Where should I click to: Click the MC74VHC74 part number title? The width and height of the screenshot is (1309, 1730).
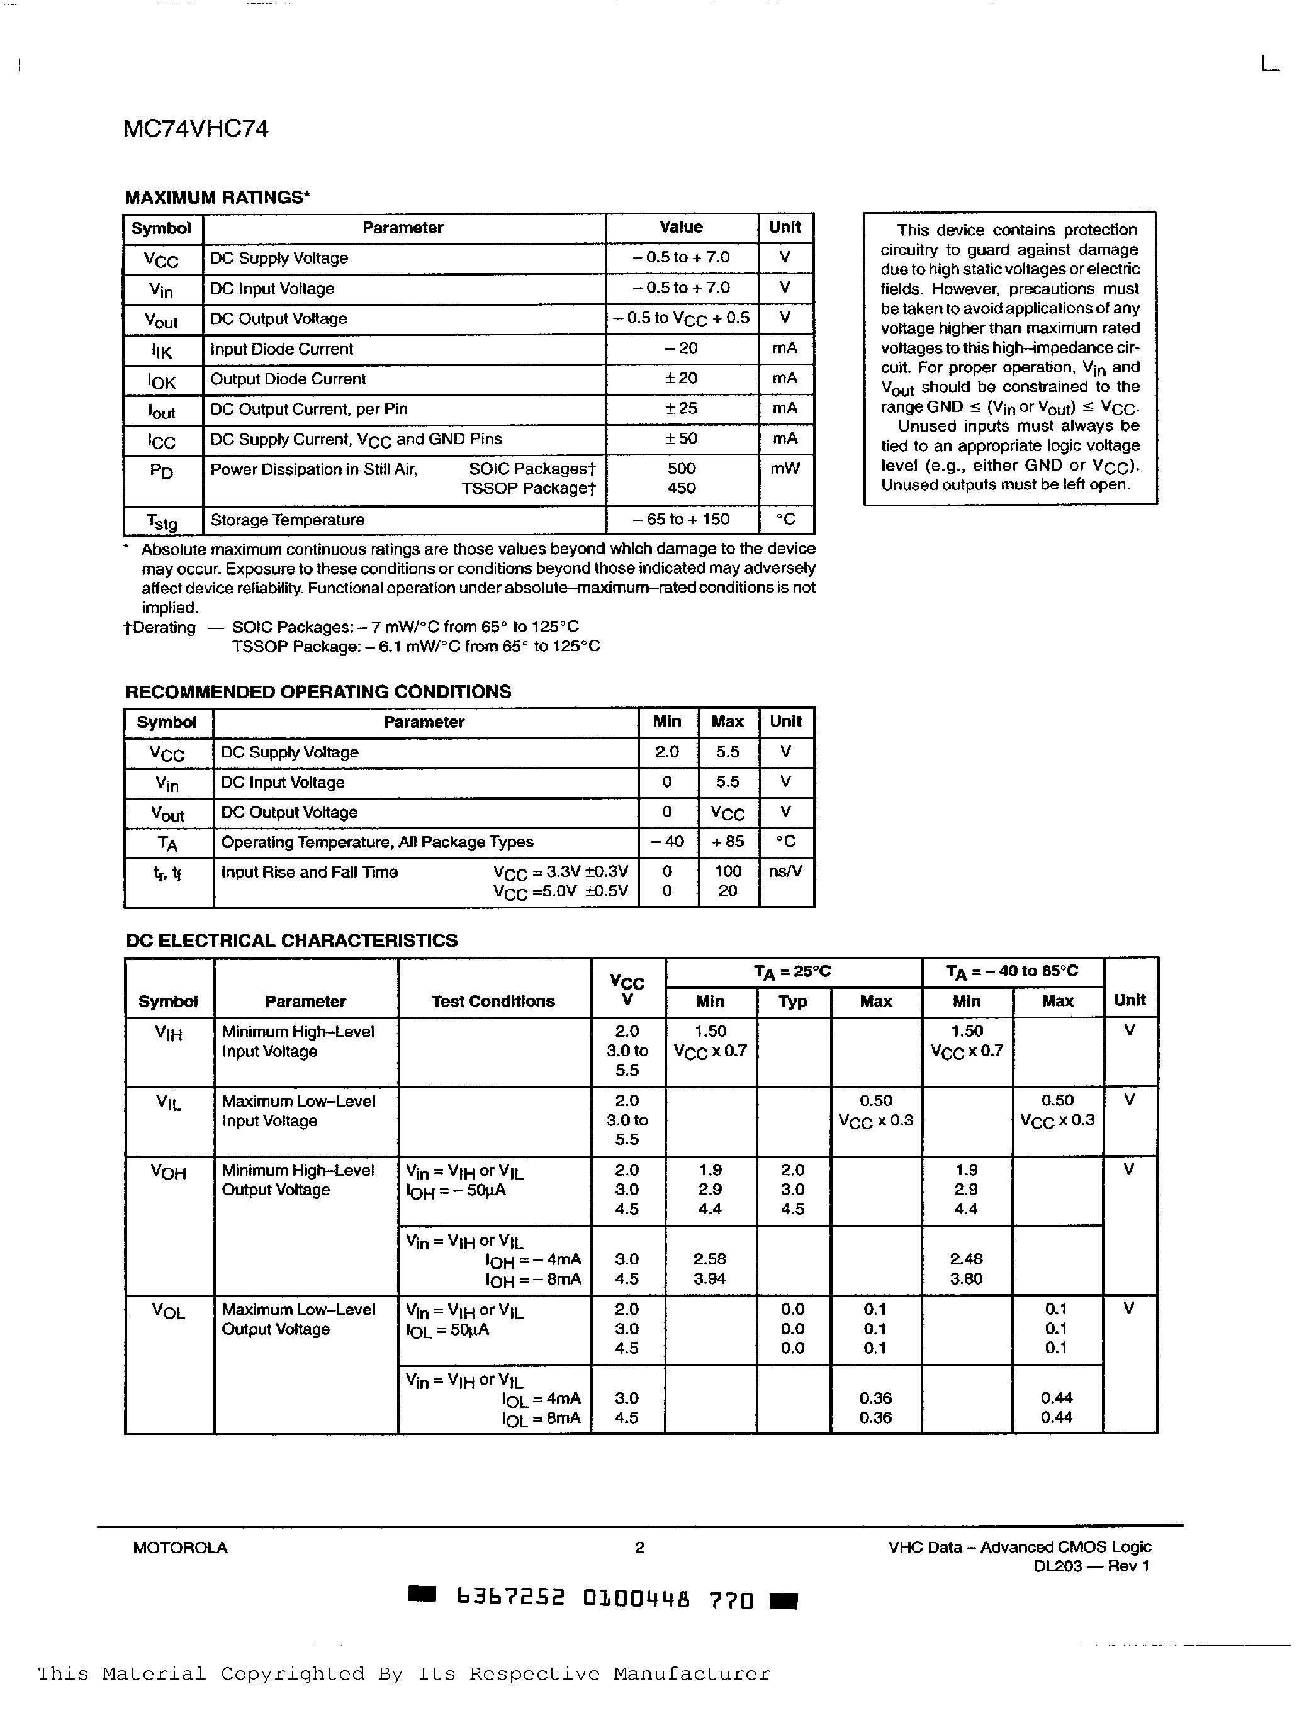[196, 128]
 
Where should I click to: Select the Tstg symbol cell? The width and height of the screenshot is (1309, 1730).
[162, 521]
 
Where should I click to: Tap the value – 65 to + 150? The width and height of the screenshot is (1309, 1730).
[681, 519]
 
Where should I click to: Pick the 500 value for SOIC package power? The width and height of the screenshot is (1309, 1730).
[682, 469]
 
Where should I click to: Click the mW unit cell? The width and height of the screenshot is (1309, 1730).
[785, 469]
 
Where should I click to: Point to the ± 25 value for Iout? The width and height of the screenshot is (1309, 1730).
[681, 408]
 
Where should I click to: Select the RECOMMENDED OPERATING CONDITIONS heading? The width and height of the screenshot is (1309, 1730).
[318, 691]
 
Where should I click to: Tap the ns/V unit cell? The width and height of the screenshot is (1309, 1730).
[785, 871]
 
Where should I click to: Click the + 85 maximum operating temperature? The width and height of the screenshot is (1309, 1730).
[728, 842]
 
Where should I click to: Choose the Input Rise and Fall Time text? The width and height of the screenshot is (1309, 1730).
[309, 872]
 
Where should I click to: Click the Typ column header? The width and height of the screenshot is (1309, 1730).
[792, 1001]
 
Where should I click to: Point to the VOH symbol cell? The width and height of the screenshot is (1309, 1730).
[168, 1173]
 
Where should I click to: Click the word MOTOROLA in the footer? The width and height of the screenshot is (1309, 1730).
[180, 1547]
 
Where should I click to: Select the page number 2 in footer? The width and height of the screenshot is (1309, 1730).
[639, 1547]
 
